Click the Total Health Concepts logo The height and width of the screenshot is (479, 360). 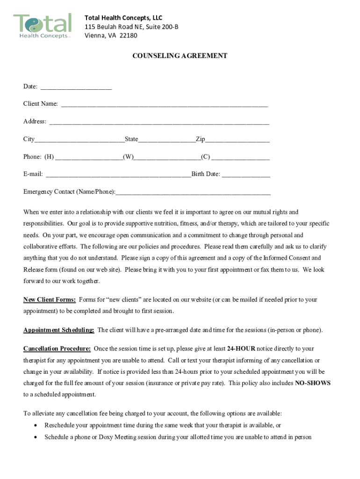[43, 26]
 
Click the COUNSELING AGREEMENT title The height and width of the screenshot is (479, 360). [180, 56]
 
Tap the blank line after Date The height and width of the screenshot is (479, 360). [76, 87]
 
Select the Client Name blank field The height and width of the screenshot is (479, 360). [164, 105]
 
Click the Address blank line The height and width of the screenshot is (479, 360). [159, 123]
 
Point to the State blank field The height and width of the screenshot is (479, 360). [167, 140]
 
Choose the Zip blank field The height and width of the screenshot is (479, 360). [237, 140]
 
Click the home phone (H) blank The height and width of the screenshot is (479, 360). [89, 158]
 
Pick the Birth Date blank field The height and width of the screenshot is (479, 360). [246, 175]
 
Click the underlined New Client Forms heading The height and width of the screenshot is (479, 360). [50, 300]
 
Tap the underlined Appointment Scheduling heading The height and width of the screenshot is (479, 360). [59, 330]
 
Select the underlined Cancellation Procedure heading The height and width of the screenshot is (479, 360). [57, 349]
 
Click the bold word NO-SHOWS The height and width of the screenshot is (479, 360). [313, 383]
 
